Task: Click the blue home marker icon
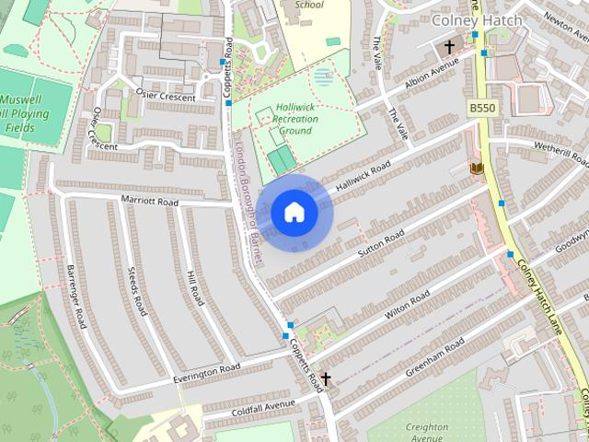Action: click(x=294, y=213)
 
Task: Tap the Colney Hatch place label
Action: click(x=476, y=19)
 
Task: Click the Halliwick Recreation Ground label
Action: click(x=294, y=118)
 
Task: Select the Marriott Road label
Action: click(x=148, y=199)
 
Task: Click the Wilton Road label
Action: click(x=407, y=305)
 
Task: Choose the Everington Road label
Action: click(x=206, y=372)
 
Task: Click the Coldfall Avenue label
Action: click(x=263, y=405)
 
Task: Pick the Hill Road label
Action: click(x=194, y=288)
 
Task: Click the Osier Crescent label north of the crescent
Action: click(x=166, y=97)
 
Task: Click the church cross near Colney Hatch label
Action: click(x=449, y=47)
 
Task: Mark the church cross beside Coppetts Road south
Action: click(x=325, y=378)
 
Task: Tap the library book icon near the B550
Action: click(x=477, y=168)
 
